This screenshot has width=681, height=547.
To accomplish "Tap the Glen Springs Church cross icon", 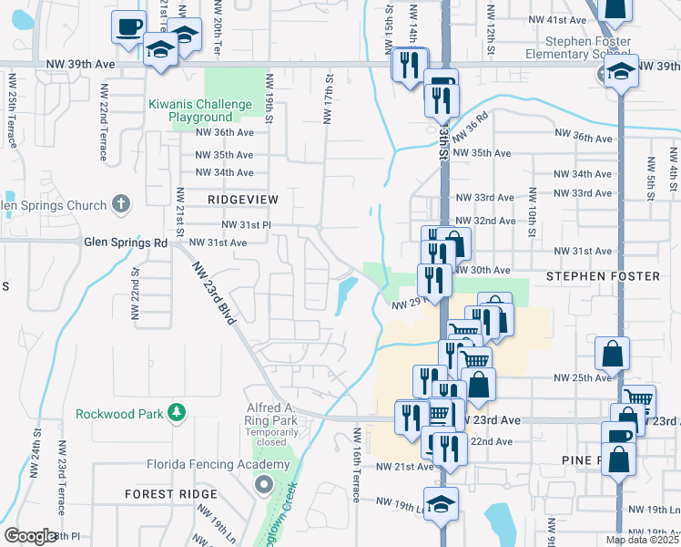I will pos(121,204).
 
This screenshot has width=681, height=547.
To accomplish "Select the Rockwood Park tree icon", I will pos(178,414).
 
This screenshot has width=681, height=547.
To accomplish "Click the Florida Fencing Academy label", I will pos(218,464).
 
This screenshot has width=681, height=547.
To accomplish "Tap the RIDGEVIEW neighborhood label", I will pos(242,199).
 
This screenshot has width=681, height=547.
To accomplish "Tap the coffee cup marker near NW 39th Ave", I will pos(129,26).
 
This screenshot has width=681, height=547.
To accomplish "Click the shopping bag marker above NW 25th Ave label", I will pos(612,353).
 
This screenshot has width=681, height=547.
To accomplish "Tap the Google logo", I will pos(30,536).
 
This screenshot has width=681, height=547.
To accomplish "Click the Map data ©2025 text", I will pos(641,540).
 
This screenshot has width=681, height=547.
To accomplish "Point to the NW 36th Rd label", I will pos(470,125).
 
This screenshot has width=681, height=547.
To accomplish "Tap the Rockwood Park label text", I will pos(119,414).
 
